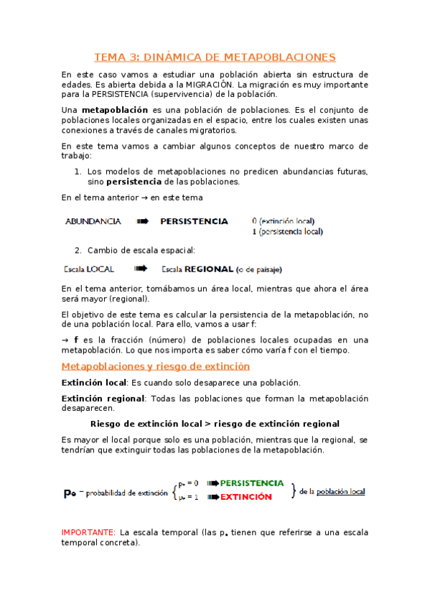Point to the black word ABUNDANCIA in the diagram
tap(93, 222)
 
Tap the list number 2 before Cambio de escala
tap(78, 251)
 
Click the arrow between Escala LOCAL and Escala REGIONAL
tap(141, 269)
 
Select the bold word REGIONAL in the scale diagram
tap(209, 270)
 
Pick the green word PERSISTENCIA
tap(251, 483)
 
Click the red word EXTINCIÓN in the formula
tap(246, 497)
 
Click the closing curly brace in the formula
tap(293, 491)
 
